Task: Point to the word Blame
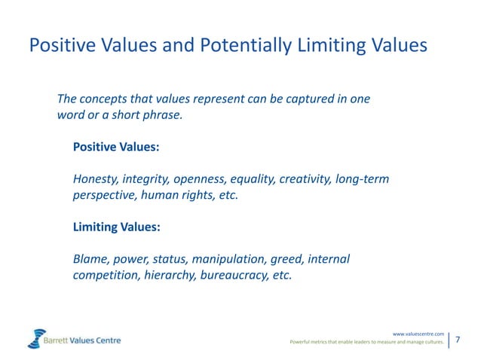(x=90, y=259)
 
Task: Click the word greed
(x=289, y=259)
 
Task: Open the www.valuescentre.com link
(x=418, y=333)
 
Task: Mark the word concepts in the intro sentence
(x=106, y=99)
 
